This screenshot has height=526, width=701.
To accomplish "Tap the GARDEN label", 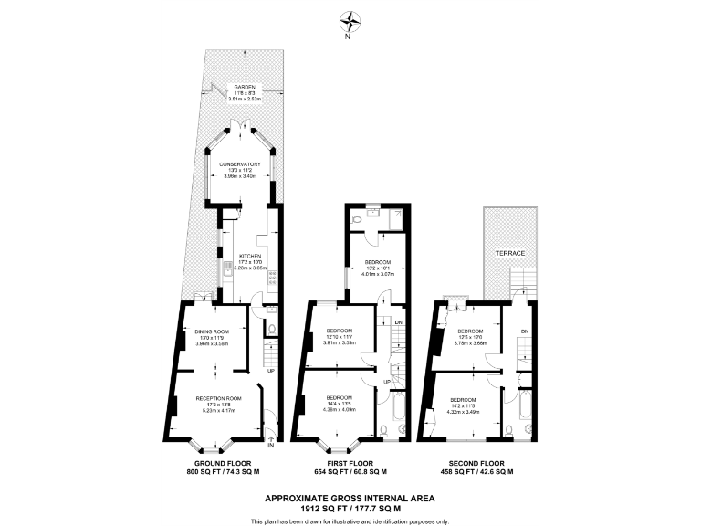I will [x=244, y=87].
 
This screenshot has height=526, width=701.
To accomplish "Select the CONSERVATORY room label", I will [x=243, y=164].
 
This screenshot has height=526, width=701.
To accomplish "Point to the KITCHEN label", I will [x=250, y=256].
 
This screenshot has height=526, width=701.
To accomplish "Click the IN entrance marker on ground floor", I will [x=270, y=446].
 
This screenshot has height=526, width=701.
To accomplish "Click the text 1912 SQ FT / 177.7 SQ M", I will [x=350, y=509].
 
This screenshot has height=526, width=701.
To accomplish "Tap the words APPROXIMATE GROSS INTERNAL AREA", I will [x=350, y=498].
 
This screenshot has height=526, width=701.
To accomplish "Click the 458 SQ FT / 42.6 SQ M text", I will [x=473, y=472].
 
